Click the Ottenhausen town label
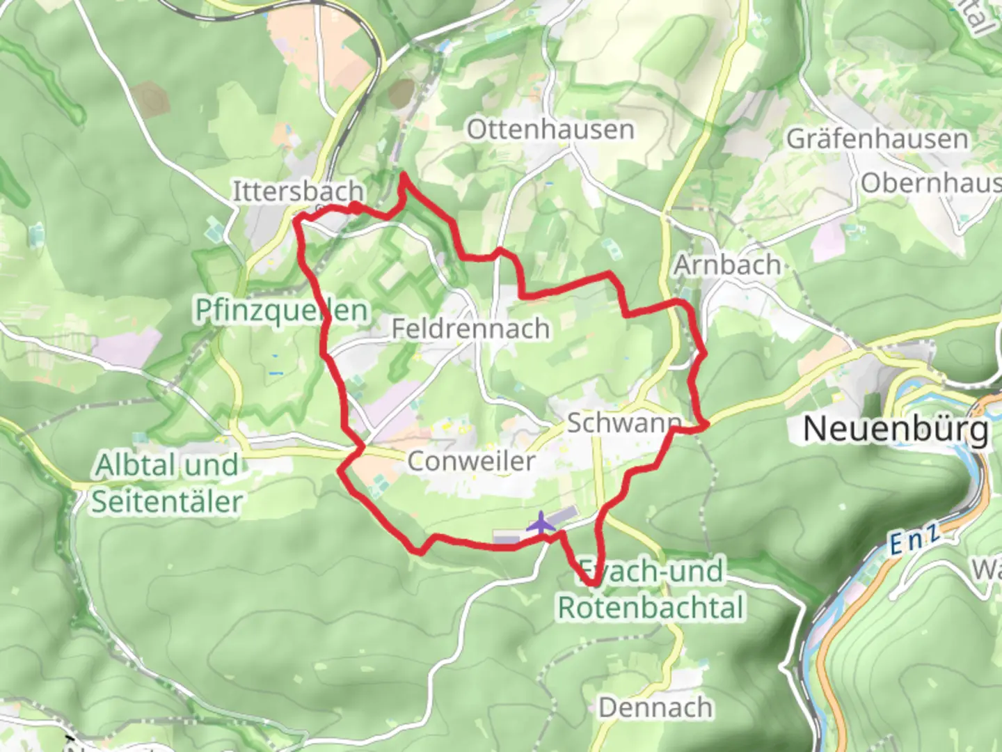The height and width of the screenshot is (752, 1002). (550, 130)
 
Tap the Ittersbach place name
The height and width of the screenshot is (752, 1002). (297, 191)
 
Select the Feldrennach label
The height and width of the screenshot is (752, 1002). (470, 328)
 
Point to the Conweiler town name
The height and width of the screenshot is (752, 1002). (471, 460)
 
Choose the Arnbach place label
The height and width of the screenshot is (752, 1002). (727, 265)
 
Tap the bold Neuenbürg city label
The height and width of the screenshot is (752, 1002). (896, 429)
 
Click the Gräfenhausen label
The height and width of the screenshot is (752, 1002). (877, 139)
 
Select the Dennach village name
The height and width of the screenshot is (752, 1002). (655, 707)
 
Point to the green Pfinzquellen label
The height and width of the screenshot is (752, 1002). (281, 311)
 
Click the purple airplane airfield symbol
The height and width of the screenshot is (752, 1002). (541, 523)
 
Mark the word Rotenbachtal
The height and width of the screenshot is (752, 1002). (651, 607)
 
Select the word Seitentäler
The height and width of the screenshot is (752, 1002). (167, 501)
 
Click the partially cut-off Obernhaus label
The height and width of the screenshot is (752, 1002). (930, 184)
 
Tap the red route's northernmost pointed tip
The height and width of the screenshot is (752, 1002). (403, 175)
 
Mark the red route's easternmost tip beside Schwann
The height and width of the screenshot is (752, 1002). (707, 423)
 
